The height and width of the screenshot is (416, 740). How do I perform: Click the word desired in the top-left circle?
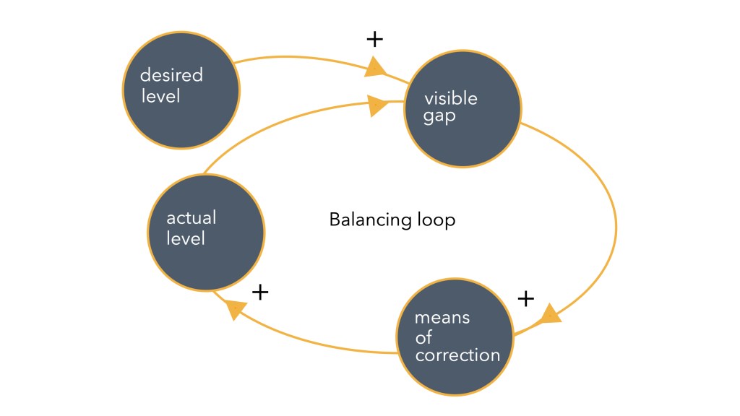171,76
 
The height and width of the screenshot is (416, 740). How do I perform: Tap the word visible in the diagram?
450,99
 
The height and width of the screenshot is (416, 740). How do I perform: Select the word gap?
439,117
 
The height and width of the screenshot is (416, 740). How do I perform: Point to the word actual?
192,218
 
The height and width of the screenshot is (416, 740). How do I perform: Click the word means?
442,318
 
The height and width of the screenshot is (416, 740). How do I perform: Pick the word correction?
457,355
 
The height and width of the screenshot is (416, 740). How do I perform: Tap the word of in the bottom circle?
423,337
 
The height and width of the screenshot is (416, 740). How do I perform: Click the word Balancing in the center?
366,220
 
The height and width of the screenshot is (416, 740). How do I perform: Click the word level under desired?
160,95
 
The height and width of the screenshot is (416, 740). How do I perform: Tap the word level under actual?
186,238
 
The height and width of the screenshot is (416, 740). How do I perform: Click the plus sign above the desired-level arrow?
374,39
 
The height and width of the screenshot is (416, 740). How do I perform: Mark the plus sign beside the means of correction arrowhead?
527,297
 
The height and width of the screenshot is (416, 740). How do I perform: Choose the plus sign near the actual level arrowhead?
259,292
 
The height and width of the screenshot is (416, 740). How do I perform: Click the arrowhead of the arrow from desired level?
374,69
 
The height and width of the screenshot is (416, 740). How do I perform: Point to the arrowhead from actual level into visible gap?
377,106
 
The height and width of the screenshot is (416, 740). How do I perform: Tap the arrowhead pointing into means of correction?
549,314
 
